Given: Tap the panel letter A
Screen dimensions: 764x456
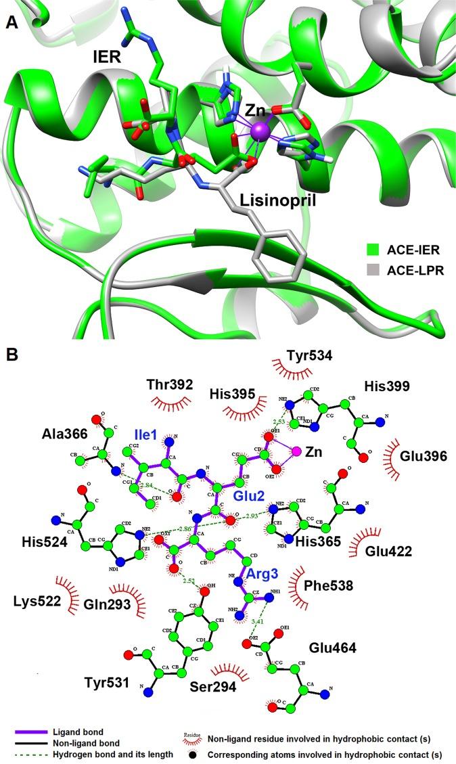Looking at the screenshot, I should point(12,22).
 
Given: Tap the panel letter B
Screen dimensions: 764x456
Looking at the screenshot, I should point(12,354).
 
